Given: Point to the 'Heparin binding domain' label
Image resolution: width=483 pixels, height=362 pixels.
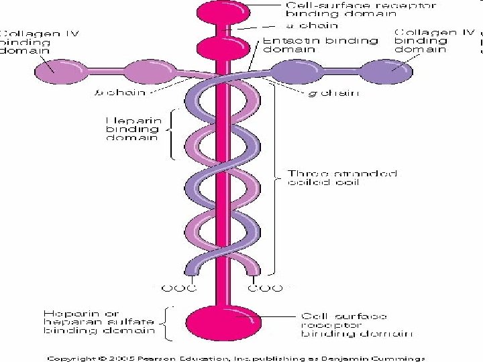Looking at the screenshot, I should pyautogui.click(x=132, y=129).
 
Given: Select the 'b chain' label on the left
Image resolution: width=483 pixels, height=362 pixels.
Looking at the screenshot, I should pyautogui.click(x=127, y=93).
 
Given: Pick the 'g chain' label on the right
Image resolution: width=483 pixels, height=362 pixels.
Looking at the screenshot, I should pyautogui.click(x=333, y=93).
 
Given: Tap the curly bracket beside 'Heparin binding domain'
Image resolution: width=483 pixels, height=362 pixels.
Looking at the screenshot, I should pyautogui.click(x=172, y=134).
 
